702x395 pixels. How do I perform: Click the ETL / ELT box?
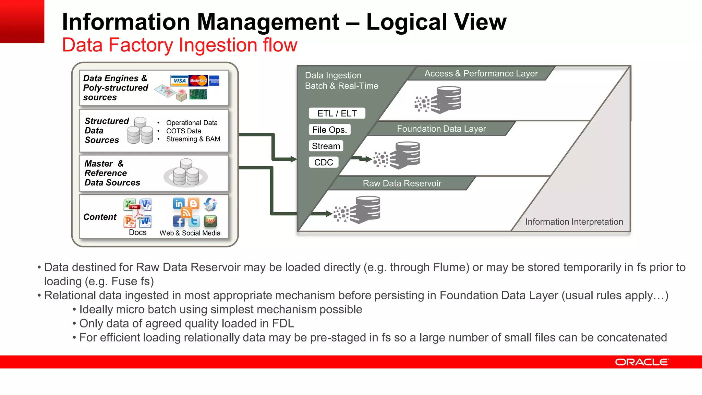pos(337,113)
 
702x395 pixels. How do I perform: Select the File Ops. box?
pos(329,130)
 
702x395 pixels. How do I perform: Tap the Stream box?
pos(326,146)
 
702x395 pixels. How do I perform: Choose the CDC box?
pos(324,162)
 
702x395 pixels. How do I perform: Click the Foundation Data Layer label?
pos(441,129)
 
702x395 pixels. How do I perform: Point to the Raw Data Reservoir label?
pos(402,183)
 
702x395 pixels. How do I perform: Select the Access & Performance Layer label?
pos(481,73)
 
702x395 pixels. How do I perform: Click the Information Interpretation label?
pos(574,222)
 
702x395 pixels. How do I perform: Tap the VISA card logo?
pos(179,81)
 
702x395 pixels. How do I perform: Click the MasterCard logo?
pos(198,81)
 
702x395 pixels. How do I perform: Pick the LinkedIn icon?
pos(179,204)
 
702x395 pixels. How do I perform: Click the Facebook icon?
pos(179,222)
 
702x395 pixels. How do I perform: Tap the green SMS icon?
pos(210,222)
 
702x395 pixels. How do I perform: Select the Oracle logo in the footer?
pos(641,362)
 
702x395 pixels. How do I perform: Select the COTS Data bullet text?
pos(184,131)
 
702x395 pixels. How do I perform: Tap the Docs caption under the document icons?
pos(138,232)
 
